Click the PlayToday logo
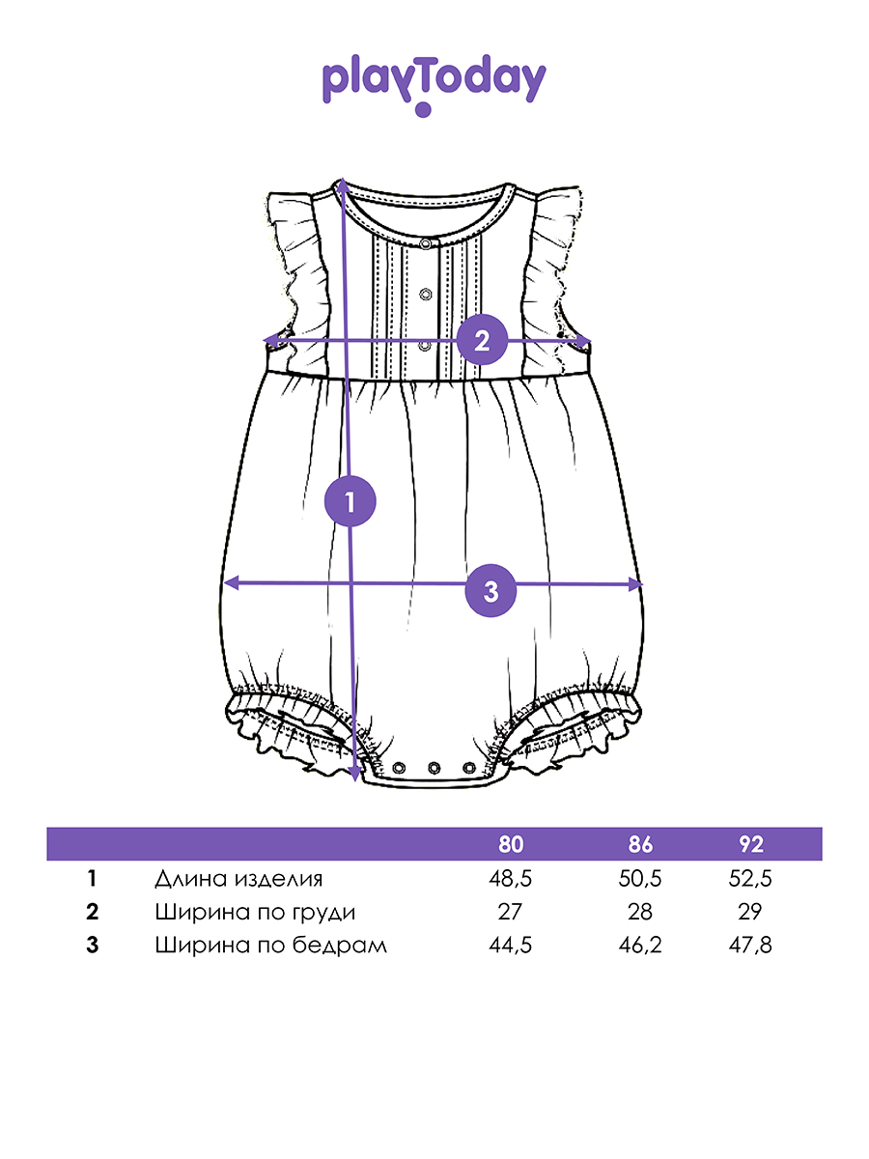click(x=434, y=84)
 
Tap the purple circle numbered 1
click(x=350, y=500)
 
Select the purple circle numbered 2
click(x=482, y=340)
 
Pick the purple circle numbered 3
click(x=491, y=591)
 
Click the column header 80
click(x=510, y=845)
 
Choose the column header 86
click(x=640, y=845)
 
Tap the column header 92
click(x=751, y=845)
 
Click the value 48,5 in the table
click(x=510, y=879)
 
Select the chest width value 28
click(x=640, y=912)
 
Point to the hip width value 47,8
click(x=750, y=946)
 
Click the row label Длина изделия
click(x=238, y=879)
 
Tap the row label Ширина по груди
click(x=255, y=913)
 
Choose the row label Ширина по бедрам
click(x=271, y=946)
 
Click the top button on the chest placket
click(x=425, y=243)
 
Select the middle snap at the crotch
click(x=434, y=767)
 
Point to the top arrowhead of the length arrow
click(x=343, y=184)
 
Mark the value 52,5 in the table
click(x=750, y=879)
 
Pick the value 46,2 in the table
click(x=640, y=946)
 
